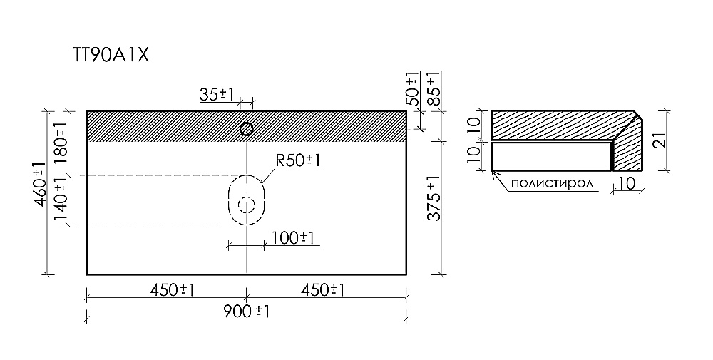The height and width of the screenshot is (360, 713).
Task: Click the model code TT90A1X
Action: tap(111, 56)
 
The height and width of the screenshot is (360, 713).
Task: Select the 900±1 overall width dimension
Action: tap(247, 312)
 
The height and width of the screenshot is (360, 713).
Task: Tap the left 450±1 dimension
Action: tap(172, 289)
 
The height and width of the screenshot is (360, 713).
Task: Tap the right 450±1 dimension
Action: tap(322, 289)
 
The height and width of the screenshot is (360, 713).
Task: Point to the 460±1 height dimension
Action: tap(40, 184)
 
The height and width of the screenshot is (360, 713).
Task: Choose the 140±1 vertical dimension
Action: tap(61, 200)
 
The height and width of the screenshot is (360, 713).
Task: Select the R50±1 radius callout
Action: tap(298, 160)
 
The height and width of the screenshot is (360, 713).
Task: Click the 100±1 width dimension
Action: tap(293, 237)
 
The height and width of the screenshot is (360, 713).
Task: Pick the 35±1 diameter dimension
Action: tap(217, 95)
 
